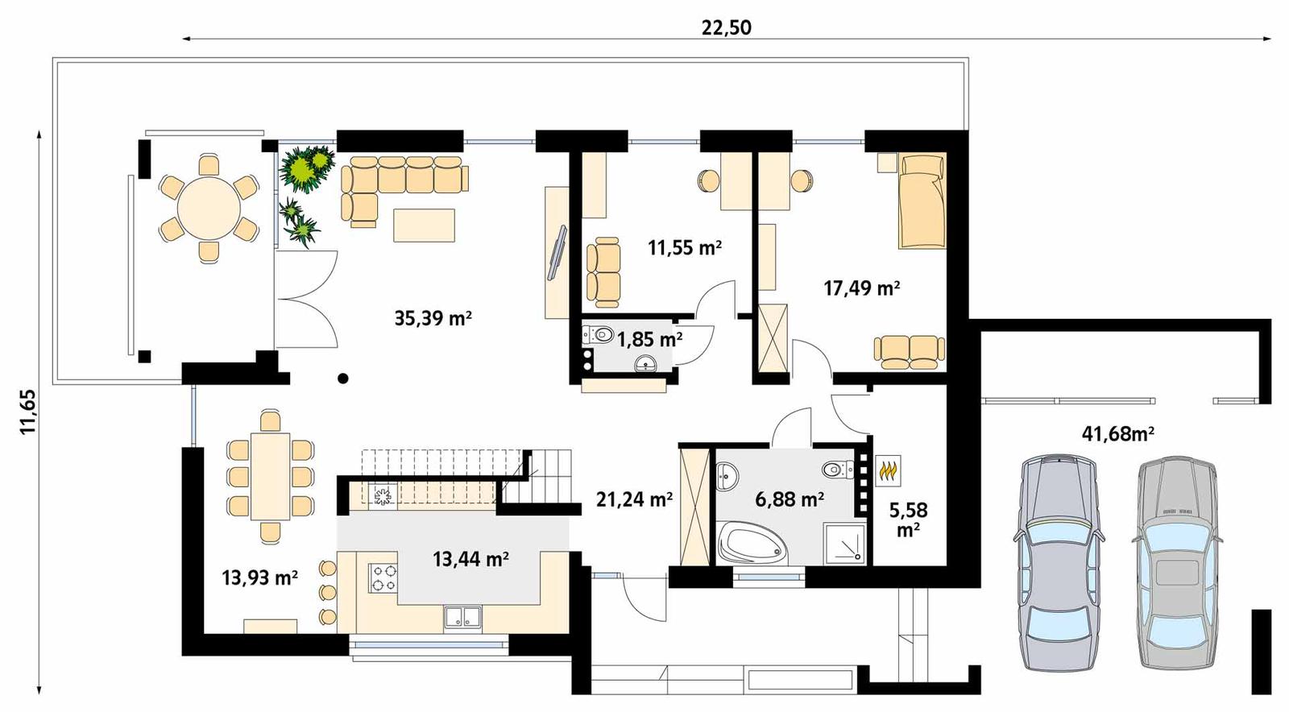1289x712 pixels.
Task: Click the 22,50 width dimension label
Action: point(726,28)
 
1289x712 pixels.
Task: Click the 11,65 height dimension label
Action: point(29,412)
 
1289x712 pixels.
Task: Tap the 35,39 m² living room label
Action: point(433,318)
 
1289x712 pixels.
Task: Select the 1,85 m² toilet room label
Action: point(649,339)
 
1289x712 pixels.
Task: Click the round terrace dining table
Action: point(209,209)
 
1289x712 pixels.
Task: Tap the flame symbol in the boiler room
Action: point(888,470)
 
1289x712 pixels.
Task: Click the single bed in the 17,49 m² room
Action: point(922,201)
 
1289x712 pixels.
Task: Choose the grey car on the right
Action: point(1177,561)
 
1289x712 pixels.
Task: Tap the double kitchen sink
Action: point(462,617)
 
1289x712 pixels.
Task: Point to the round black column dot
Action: point(343,378)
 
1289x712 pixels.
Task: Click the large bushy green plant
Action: point(309,168)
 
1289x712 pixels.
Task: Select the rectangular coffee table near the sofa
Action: point(424,225)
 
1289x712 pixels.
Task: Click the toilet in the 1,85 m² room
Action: point(598,334)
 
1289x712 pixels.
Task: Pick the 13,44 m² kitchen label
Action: point(470,558)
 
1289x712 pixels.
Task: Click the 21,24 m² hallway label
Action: point(634,500)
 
